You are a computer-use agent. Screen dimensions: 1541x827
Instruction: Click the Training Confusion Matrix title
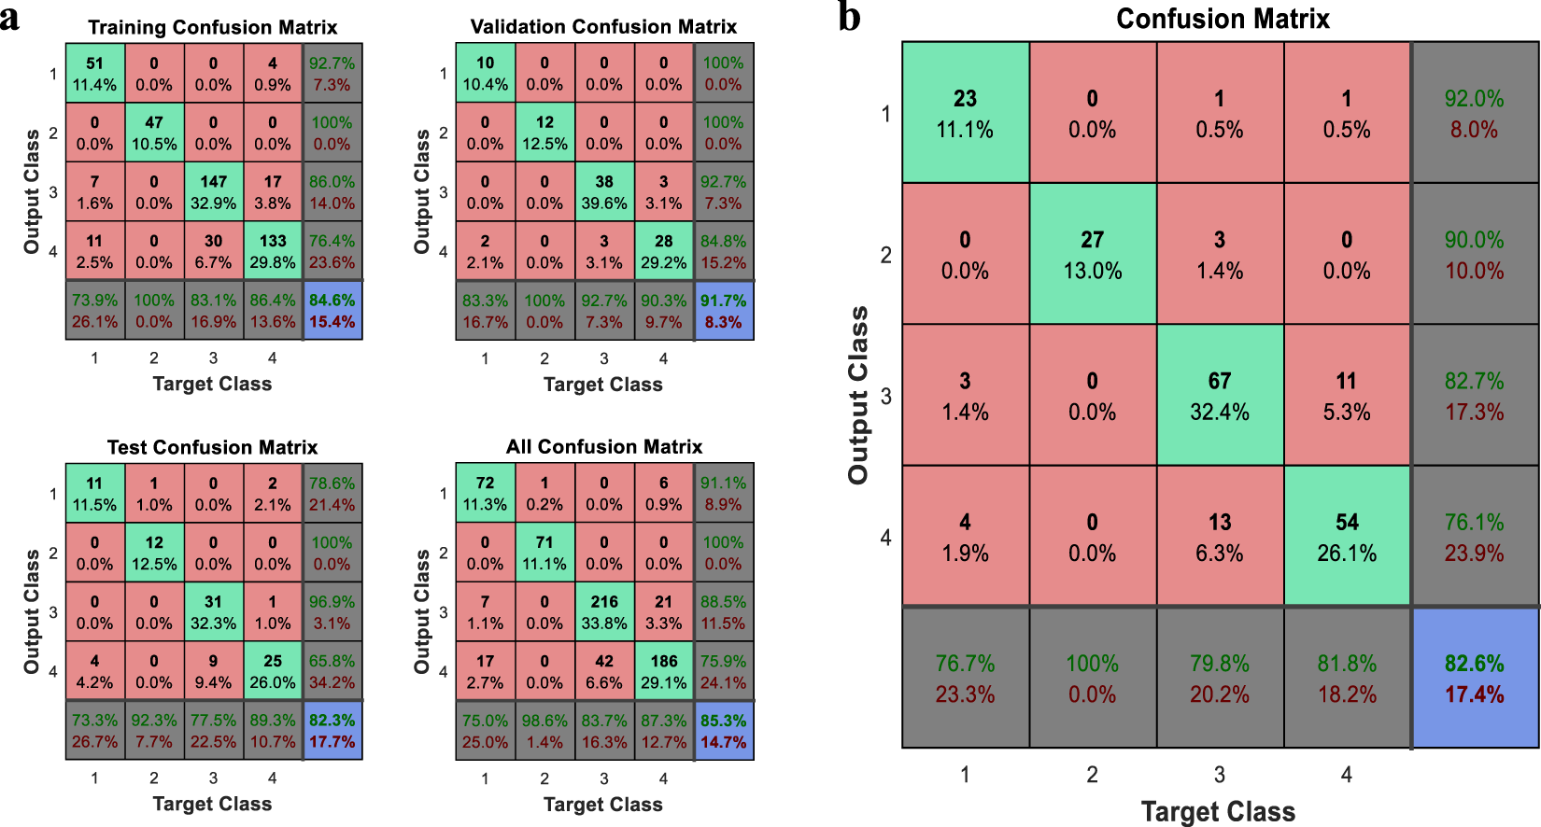pyautogui.click(x=213, y=27)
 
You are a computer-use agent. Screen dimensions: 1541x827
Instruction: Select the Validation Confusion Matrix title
pyautogui.click(x=603, y=27)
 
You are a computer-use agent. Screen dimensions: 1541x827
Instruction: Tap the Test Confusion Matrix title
pyautogui.click(x=213, y=447)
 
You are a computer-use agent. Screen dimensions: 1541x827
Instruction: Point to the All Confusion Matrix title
pyautogui.click(x=604, y=447)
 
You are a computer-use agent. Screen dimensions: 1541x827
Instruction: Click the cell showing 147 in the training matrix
pyautogui.click(x=213, y=191)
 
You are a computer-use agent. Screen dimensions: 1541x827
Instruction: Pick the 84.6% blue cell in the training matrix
pyautogui.click(x=333, y=310)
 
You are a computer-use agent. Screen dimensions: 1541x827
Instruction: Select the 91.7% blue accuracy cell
pyautogui.click(x=724, y=311)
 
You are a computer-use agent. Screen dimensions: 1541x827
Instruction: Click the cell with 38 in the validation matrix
pyautogui.click(x=604, y=191)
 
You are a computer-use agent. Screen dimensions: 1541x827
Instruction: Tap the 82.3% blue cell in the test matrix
pyautogui.click(x=333, y=730)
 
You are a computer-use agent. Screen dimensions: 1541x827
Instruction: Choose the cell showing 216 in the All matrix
pyautogui.click(x=604, y=611)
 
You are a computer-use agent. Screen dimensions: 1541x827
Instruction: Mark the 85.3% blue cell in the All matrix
pyautogui.click(x=724, y=730)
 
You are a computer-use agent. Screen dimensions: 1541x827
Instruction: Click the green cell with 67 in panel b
pyautogui.click(x=1220, y=395)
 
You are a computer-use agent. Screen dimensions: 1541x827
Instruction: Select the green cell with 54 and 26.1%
pyautogui.click(x=1347, y=536)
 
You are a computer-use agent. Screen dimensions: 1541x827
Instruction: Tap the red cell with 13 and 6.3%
pyautogui.click(x=1220, y=536)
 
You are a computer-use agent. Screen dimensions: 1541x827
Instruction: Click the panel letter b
pyautogui.click(x=850, y=17)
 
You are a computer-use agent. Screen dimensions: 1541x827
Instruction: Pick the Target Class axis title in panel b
pyautogui.click(x=1219, y=811)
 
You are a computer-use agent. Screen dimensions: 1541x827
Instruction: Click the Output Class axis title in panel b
pyautogui.click(x=858, y=395)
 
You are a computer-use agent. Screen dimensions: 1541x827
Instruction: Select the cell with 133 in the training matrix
pyautogui.click(x=273, y=251)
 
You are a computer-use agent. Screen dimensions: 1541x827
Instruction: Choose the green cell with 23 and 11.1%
pyautogui.click(x=965, y=113)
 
